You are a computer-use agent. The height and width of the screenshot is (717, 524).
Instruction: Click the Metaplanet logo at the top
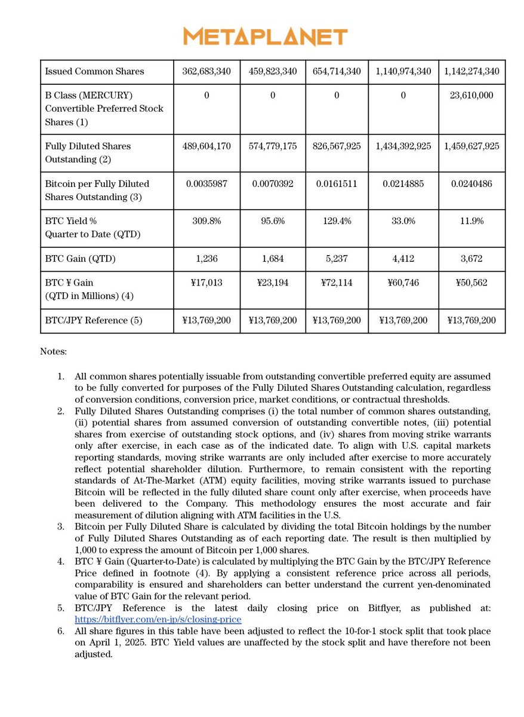coord(265,36)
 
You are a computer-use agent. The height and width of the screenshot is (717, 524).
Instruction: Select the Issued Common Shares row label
coord(94,72)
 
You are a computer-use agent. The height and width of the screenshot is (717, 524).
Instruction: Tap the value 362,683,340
coord(206,72)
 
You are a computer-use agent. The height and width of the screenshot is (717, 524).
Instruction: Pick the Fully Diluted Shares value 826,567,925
coord(337,146)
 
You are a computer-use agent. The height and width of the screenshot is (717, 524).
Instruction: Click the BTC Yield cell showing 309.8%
coord(206,221)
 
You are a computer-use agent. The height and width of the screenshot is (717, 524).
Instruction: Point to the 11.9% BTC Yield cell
coord(471,221)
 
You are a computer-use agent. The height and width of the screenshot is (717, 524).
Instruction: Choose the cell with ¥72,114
coord(337,283)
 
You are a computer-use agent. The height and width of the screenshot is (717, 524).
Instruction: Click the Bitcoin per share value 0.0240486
coord(471,184)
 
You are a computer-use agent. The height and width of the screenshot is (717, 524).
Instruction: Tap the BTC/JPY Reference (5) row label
coord(94,320)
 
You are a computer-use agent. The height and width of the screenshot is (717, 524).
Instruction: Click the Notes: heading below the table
coord(53,351)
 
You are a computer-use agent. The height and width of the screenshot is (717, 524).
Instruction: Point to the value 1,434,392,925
coord(403,146)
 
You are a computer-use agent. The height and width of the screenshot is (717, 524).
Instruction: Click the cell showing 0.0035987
coord(206,184)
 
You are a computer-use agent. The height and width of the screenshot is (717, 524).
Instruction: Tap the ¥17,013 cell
coord(206,283)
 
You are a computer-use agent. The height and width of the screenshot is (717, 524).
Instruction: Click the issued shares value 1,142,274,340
coord(471,72)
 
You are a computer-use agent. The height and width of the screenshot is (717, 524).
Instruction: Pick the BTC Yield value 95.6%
coord(273,221)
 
